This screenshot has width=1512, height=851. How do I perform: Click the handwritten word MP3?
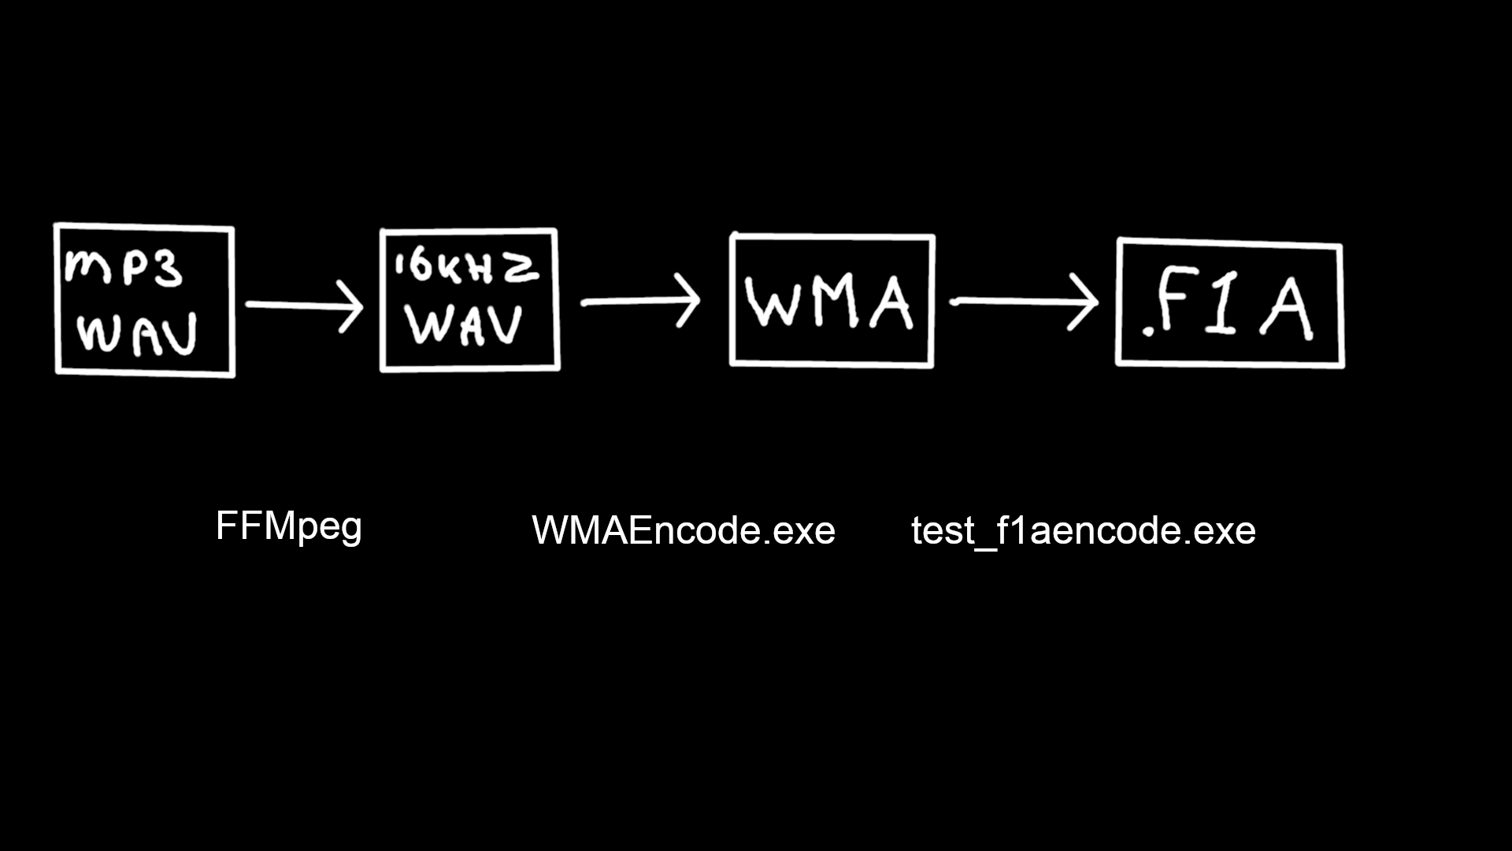[124, 267]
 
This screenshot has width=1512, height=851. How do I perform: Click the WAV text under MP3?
[138, 334]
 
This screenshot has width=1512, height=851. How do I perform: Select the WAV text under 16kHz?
[465, 323]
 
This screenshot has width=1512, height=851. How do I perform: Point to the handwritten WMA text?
[828, 302]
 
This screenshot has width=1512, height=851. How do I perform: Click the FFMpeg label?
[288, 526]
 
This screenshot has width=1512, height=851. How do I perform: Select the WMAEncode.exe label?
[684, 530]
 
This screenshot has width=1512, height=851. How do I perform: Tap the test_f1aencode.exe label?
[1083, 530]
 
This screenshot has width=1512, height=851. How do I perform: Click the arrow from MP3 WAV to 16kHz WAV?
[304, 305]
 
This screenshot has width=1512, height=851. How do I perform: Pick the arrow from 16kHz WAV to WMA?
[639, 301]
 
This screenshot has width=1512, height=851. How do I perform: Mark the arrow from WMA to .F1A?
[1024, 301]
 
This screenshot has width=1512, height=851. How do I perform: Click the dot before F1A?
[1148, 333]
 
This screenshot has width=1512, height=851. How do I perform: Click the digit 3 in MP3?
[167, 269]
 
